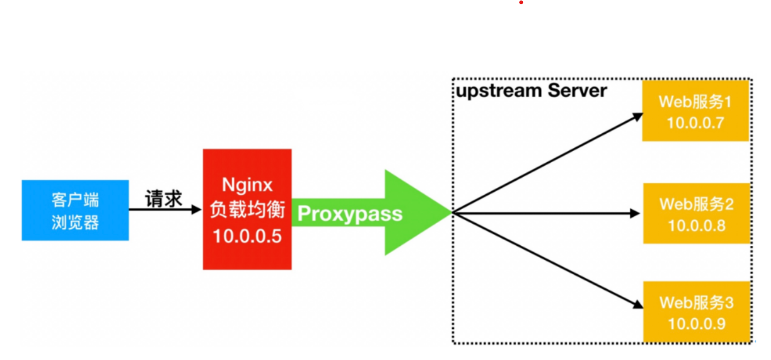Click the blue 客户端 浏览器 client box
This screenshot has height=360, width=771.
click(75, 210)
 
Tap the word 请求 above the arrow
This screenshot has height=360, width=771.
click(164, 199)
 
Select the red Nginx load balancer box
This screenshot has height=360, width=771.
click(247, 209)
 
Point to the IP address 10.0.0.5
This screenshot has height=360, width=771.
click(247, 236)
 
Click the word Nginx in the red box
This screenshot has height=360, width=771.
click(247, 184)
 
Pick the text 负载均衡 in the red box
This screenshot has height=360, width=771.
click(247, 211)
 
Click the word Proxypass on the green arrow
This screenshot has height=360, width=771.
click(350, 213)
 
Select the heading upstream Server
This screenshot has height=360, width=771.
click(531, 91)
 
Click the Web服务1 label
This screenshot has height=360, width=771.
click(695, 102)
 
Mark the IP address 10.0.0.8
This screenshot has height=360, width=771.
click(696, 226)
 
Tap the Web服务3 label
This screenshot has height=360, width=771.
click(696, 302)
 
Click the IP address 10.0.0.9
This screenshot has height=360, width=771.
click(696, 324)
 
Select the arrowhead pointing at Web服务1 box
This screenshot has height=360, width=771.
click(637, 117)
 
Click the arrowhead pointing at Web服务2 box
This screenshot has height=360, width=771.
click(635, 213)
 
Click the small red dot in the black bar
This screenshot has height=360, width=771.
click(521, 3)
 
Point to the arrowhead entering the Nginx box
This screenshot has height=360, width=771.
click(196, 209)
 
